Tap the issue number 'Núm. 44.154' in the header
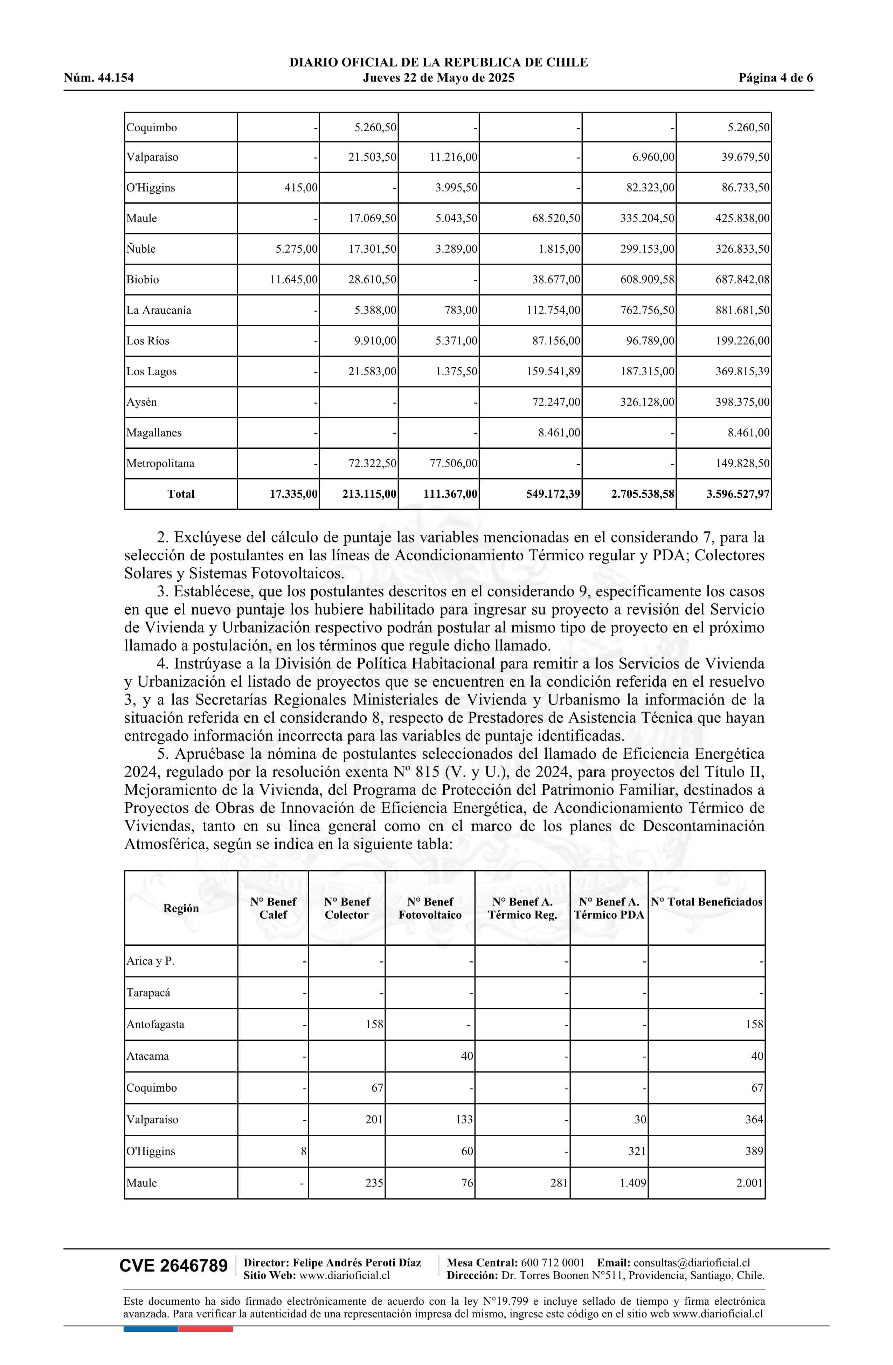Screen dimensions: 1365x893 tap(99, 78)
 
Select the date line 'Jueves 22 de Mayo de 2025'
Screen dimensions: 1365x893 tap(438, 78)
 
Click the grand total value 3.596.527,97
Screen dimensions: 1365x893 tap(738, 494)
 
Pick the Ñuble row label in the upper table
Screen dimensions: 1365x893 tap(141, 249)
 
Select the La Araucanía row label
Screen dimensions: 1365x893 tap(159, 310)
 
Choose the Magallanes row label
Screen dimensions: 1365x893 tap(154, 433)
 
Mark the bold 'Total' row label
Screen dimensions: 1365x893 tap(181, 494)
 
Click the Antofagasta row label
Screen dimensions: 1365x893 tap(155, 1024)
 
